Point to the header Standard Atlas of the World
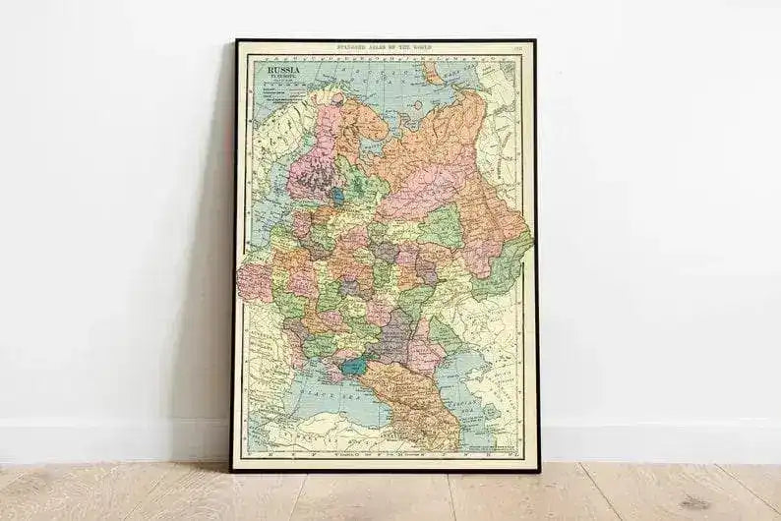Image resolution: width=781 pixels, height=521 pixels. [x=385, y=46]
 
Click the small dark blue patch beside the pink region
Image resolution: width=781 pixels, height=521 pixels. [x=337, y=196]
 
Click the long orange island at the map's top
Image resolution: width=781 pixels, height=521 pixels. [x=433, y=76]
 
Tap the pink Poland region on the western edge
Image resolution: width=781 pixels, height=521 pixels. [x=254, y=279]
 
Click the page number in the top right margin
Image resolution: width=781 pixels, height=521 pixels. [x=517, y=47]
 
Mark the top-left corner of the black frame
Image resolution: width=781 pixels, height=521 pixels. [x=235, y=41]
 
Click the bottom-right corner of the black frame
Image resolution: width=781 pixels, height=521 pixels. [x=537, y=470]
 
